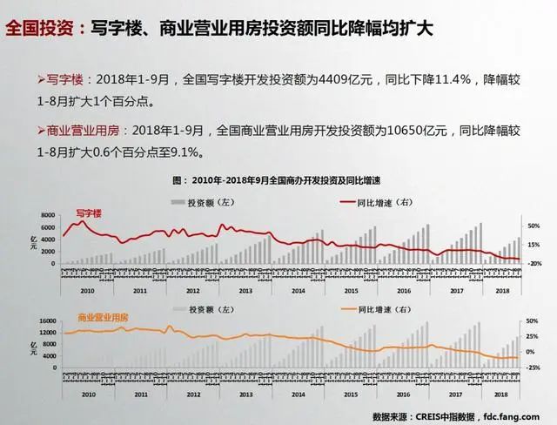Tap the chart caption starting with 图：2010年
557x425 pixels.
coord(278,181)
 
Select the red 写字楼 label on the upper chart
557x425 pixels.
coord(89,212)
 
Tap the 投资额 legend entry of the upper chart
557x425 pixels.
coord(201,201)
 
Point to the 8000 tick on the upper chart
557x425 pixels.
coord(48,215)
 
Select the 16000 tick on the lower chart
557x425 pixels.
coord(45,321)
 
